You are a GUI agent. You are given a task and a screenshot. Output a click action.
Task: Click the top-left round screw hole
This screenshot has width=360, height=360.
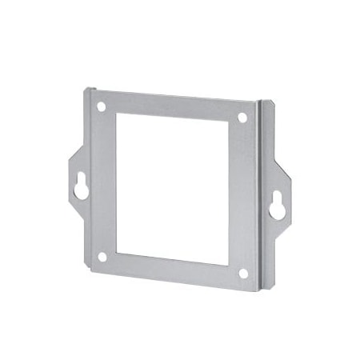coord(102,106)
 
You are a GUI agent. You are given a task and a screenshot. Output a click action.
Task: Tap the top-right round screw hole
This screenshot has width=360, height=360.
coord(242,117)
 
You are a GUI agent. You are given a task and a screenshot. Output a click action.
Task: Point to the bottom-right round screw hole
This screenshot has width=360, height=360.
coord(243,273)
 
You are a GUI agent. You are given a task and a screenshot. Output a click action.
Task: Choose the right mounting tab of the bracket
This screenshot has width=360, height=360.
coord(278,200)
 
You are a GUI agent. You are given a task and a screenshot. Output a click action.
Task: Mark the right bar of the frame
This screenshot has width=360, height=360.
coord(243,195)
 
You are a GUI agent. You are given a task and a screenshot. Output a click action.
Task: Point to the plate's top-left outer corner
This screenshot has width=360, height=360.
coord(86,90)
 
